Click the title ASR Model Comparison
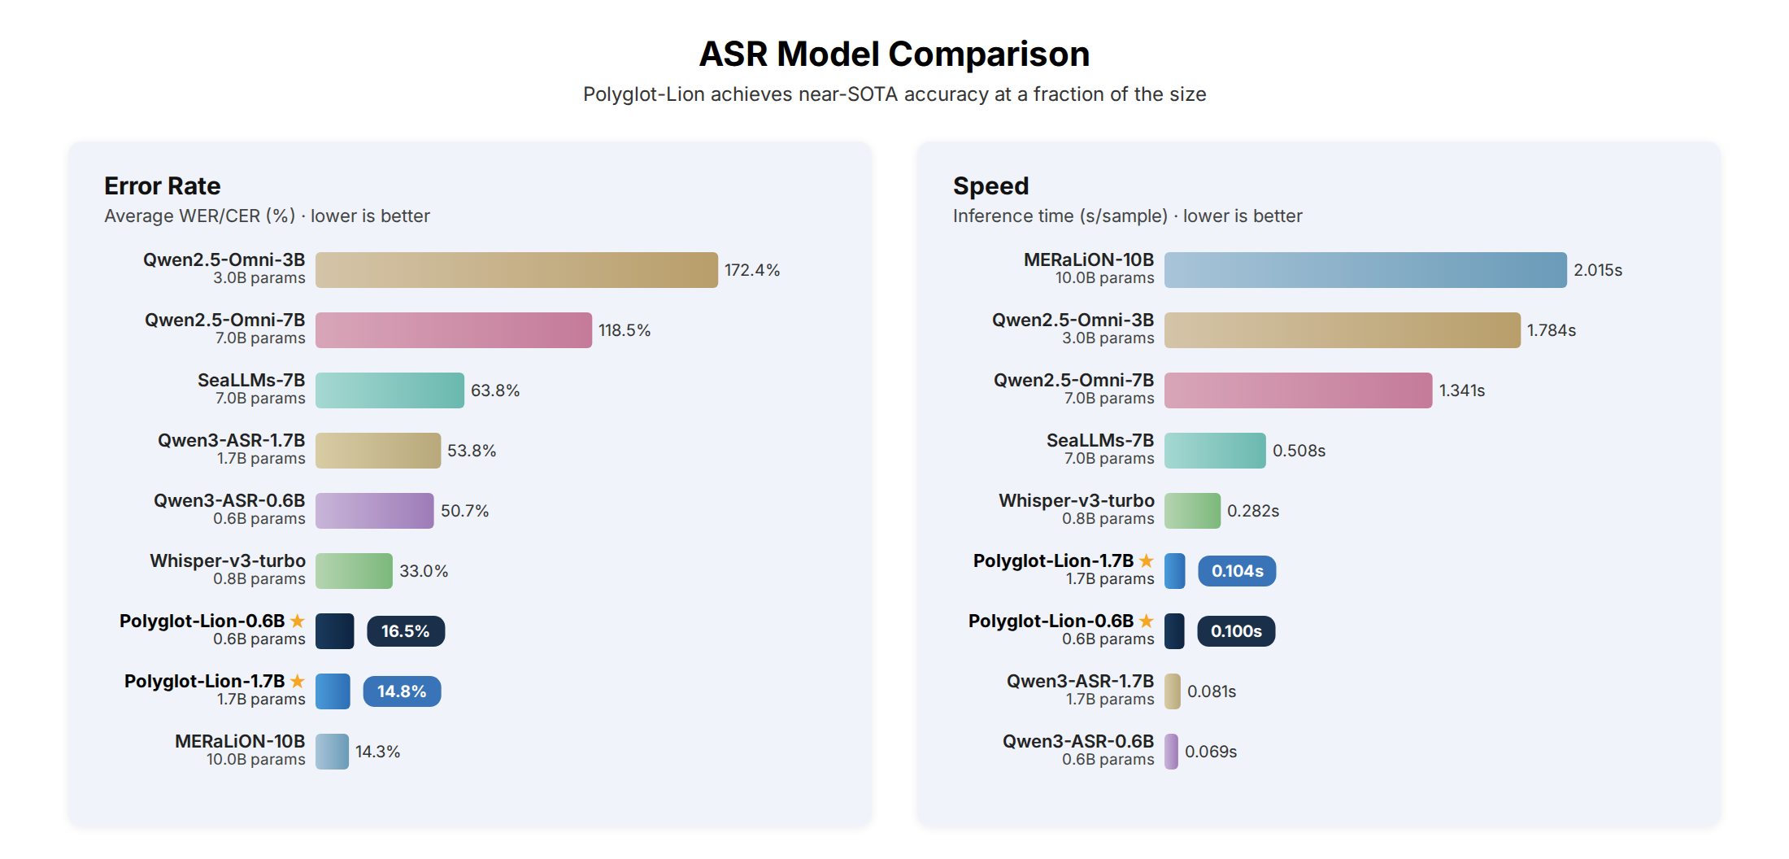coord(894,55)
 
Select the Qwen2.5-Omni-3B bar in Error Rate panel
coord(516,270)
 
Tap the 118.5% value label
coord(624,330)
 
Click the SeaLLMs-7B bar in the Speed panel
coord(1214,451)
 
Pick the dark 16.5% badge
coord(405,631)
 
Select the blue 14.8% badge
coord(402,691)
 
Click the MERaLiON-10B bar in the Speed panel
coord(1365,270)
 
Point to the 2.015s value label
coord(1597,270)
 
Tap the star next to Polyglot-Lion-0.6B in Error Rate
coord(298,621)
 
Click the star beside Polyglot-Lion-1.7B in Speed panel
coord(1146,560)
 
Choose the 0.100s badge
coord(1235,631)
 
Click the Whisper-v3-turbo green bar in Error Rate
coord(354,571)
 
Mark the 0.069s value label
coord(1210,752)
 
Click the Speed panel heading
coord(990,186)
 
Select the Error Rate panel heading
coord(162,186)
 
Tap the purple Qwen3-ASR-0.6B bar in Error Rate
coord(374,511)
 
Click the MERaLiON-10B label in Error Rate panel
coord(240,741)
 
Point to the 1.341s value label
coord(1461,390)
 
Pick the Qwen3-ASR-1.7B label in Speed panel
coord(1079,681)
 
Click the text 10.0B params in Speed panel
coord(1103,278)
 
